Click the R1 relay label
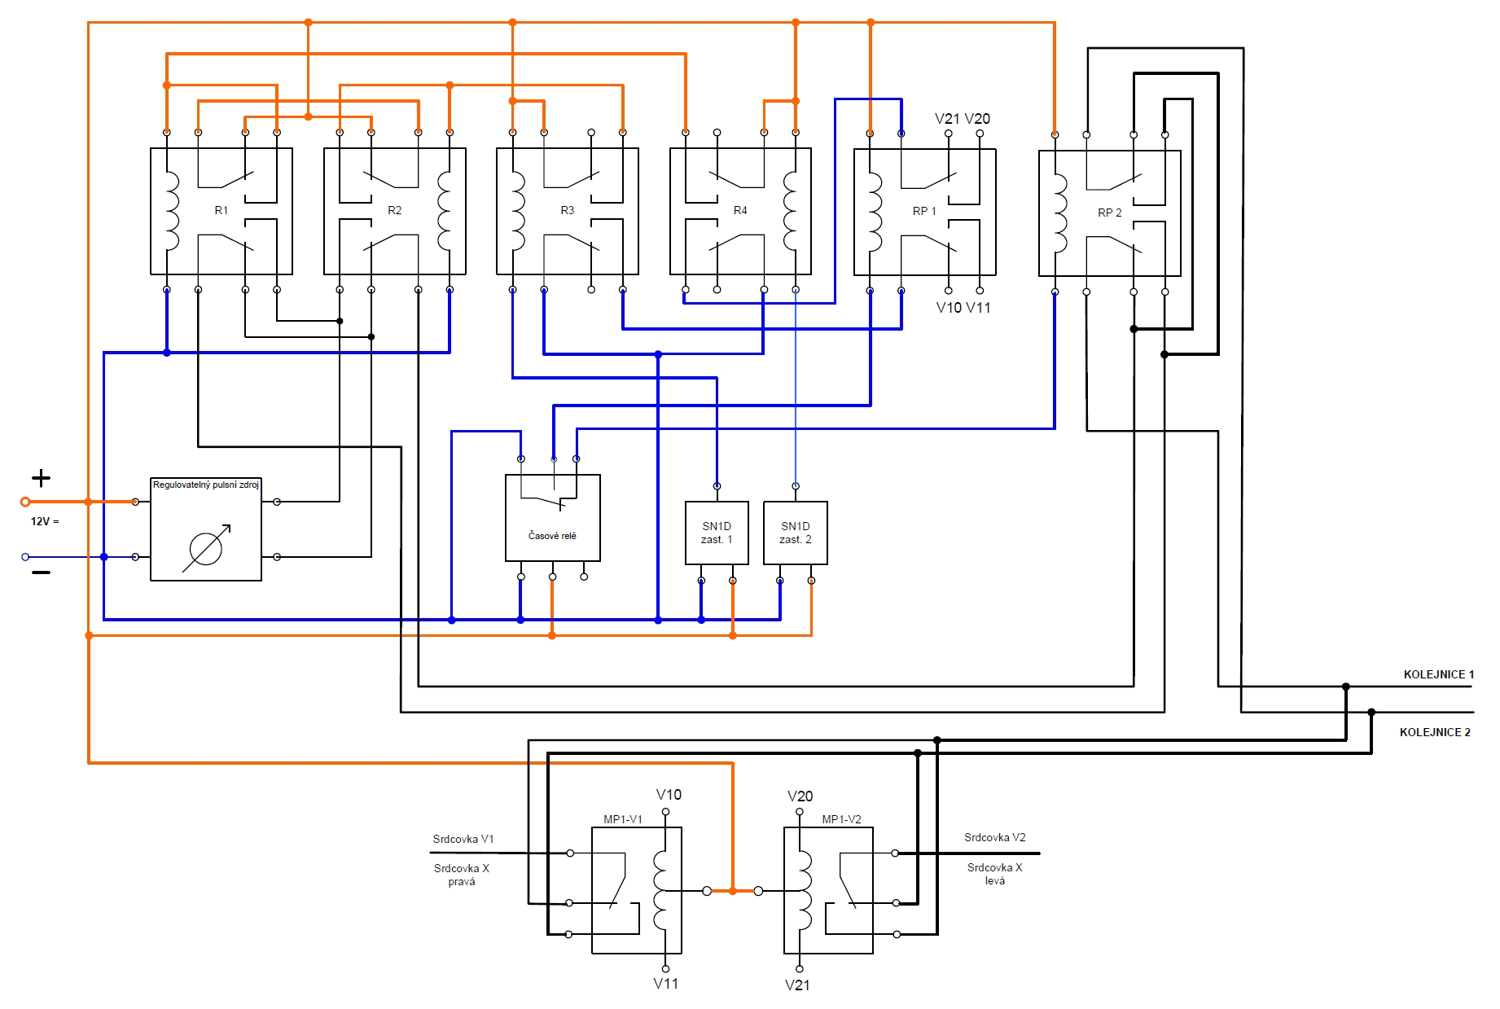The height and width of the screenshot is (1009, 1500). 221,210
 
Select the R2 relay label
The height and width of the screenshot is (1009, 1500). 395,210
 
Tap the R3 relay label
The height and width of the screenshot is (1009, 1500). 568,210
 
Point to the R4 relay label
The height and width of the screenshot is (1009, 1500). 740,210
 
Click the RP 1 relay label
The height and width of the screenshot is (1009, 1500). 924,211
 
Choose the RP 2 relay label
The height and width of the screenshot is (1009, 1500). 1110,213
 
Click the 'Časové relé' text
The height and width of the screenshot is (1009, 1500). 552,535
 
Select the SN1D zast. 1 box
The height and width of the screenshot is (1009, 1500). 717,533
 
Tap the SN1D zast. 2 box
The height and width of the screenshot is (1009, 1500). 796,533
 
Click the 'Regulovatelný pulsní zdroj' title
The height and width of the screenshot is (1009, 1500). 206,485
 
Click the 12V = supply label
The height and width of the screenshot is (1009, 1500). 45,521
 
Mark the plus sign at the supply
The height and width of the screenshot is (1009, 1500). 41,478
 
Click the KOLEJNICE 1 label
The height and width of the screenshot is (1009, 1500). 1439,674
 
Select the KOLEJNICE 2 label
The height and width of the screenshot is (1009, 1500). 1435,732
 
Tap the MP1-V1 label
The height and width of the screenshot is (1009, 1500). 623,819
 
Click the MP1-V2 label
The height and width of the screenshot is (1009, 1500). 841,819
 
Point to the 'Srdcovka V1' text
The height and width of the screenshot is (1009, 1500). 463,839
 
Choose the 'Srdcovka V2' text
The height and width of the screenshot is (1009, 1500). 995,837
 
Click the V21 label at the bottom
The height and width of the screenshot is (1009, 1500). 797,985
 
